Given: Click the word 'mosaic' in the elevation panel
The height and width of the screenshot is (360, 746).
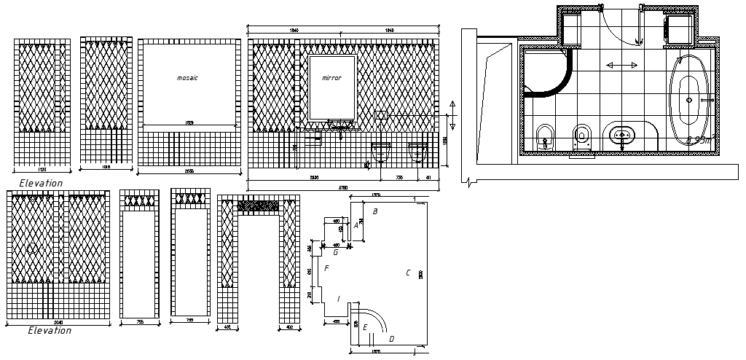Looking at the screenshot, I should point(188,77).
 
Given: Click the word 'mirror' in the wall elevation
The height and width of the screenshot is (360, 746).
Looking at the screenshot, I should point(331,77).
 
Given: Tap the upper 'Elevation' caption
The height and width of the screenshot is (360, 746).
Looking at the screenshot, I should point(41,183).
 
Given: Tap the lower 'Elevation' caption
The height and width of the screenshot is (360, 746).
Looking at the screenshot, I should point(50,330).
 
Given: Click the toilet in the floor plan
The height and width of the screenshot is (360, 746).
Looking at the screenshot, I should point(581,135).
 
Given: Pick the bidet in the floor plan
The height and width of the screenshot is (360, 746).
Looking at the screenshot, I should point(543,136).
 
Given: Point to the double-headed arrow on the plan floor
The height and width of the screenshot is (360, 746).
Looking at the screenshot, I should point(620,66).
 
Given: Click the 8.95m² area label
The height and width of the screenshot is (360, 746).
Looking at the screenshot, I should point(699,139).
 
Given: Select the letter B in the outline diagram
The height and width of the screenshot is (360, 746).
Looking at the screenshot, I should point(375,212).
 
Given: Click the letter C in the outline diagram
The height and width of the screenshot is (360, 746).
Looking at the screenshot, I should point(408,273).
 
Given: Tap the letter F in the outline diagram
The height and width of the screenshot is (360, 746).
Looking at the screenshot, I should point(327,269).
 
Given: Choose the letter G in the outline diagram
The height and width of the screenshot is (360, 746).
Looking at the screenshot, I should point(335,253).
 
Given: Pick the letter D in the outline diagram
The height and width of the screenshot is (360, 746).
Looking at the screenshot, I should point(392,339).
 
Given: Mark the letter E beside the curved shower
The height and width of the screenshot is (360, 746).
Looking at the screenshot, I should point(365,327).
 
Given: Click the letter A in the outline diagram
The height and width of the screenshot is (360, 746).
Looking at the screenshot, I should point(356,226).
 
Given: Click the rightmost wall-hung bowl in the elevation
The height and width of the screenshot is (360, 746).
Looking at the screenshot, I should point(417,152).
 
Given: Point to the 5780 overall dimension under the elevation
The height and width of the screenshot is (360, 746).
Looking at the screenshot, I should point(343,188).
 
